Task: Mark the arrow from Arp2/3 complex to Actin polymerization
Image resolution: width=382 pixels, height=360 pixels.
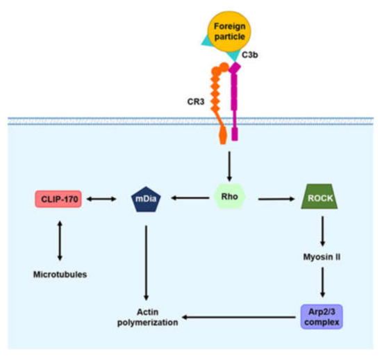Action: tap(240, 317)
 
